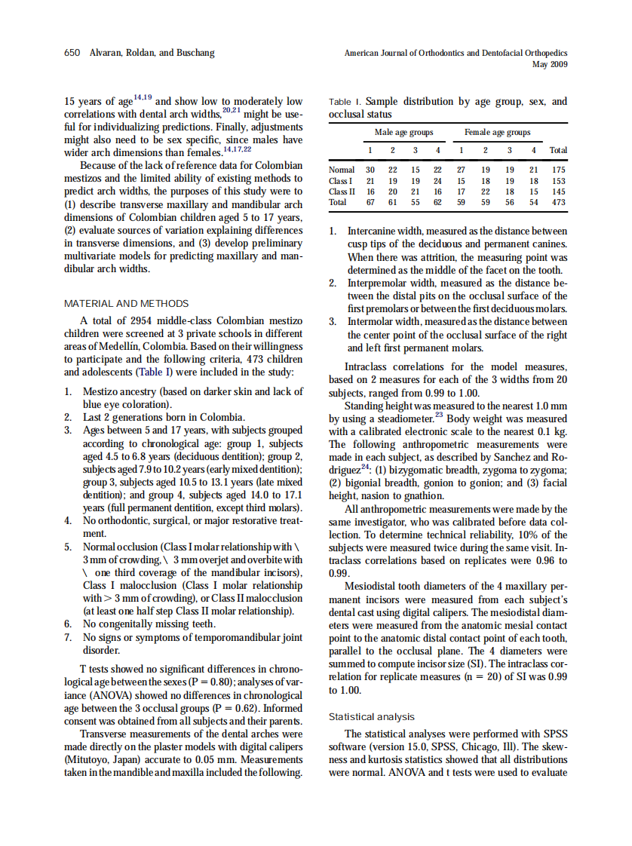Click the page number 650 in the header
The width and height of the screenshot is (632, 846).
(72, 53)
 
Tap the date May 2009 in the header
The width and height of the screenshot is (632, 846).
(549, 65)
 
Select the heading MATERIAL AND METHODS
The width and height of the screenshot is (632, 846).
(126, 304)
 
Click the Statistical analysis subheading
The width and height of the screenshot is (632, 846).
(372, 716)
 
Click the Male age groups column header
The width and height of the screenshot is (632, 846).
(403, 132)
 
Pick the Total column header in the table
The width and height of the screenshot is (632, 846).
(558, 150)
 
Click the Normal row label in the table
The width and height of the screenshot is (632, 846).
(342, 170)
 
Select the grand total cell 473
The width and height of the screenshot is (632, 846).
(558, 202)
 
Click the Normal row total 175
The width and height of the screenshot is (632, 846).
(558, 170)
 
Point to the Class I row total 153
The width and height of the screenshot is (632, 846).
(558, 181)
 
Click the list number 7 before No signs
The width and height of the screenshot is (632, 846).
(68, 637)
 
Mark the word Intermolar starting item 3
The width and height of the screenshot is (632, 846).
(373, 322)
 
